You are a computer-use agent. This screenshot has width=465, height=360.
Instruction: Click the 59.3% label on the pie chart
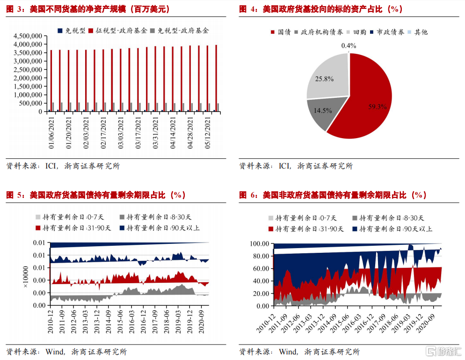(x=378, y=107)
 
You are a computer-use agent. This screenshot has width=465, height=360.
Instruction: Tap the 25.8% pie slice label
(x=324, y=79)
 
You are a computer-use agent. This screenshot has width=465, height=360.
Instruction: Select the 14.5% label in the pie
(x=323, y=111)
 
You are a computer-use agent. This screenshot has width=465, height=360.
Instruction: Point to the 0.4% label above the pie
(x=349, y=45)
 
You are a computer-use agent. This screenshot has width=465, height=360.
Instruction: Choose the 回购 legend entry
(x=359, y=32)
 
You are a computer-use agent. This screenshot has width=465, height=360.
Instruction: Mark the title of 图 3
(x=88, y=9)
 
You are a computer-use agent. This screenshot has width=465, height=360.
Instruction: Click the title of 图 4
(x=320, y=9)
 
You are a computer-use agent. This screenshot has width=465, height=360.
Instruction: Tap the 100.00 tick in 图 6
(x=259, y=243)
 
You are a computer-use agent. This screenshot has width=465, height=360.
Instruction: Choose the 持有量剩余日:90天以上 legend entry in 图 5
(x=160, y=228)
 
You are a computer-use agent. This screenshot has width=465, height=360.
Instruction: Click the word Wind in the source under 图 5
(x=54, y=352)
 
